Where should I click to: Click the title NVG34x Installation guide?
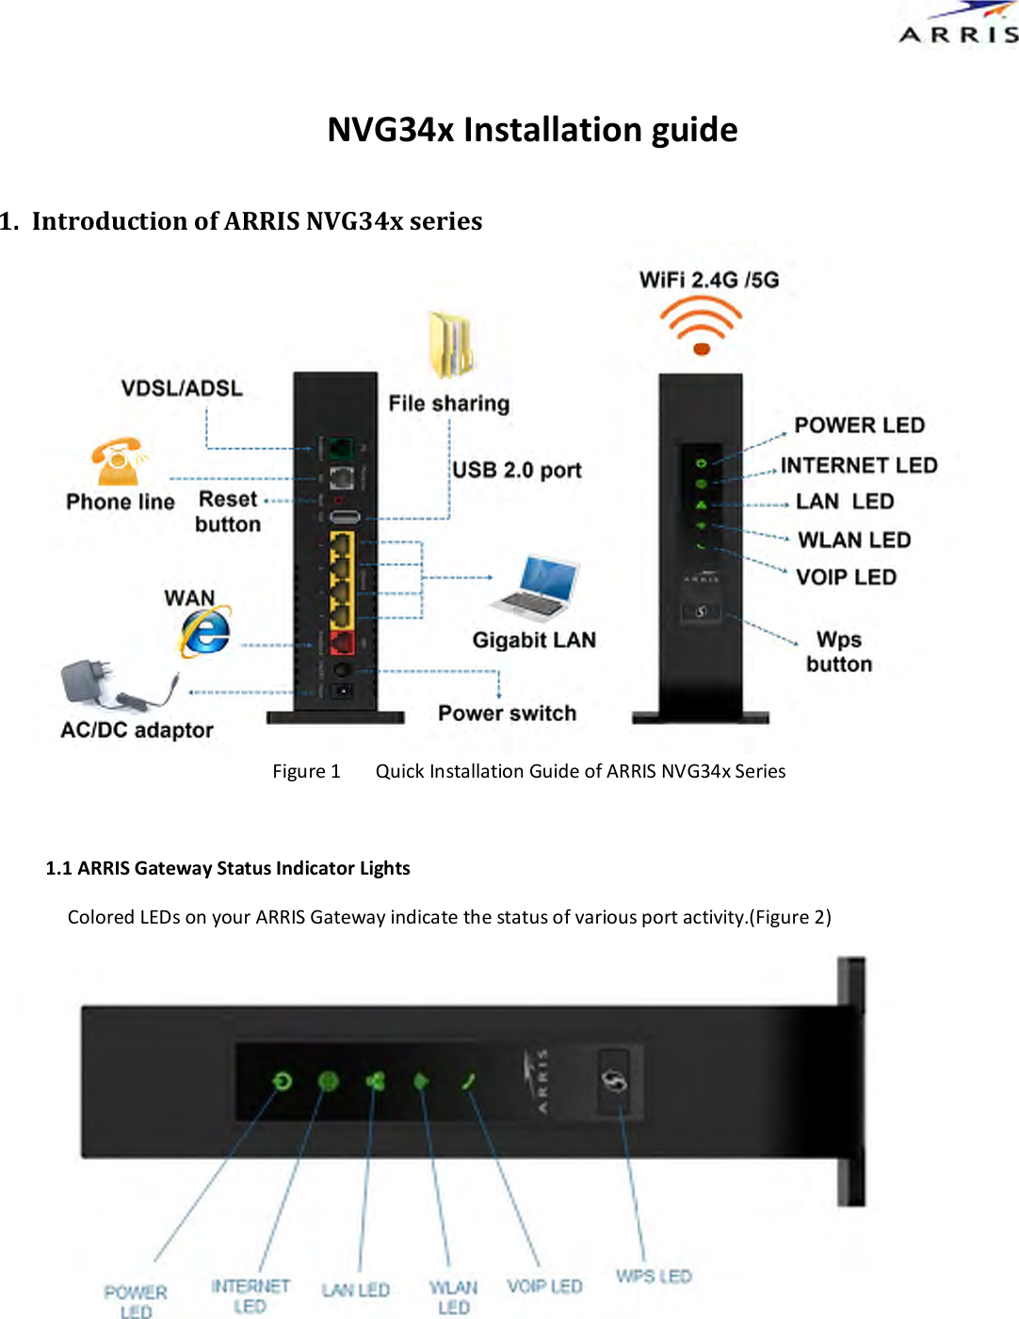coord(532,129)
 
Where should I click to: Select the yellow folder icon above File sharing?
coord(450,345)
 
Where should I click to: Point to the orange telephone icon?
coord(117,462)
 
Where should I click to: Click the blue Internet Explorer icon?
coord(205,632)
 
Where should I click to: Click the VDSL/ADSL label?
coord(182,388)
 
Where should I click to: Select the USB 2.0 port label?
coord(517,470)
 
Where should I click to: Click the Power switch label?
coord(507,713)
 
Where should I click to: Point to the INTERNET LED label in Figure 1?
coord(859,465)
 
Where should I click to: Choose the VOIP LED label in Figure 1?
coord(846,577)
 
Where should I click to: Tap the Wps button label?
coord(839,651)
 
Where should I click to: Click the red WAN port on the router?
coord(341,643)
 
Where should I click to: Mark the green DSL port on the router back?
coord(341,448)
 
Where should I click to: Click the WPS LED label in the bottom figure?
coord(654,1276)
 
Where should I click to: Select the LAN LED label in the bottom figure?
coord(355,1290)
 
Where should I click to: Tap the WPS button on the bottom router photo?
coord(615,1082)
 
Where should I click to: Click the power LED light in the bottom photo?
coord(282,1081)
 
